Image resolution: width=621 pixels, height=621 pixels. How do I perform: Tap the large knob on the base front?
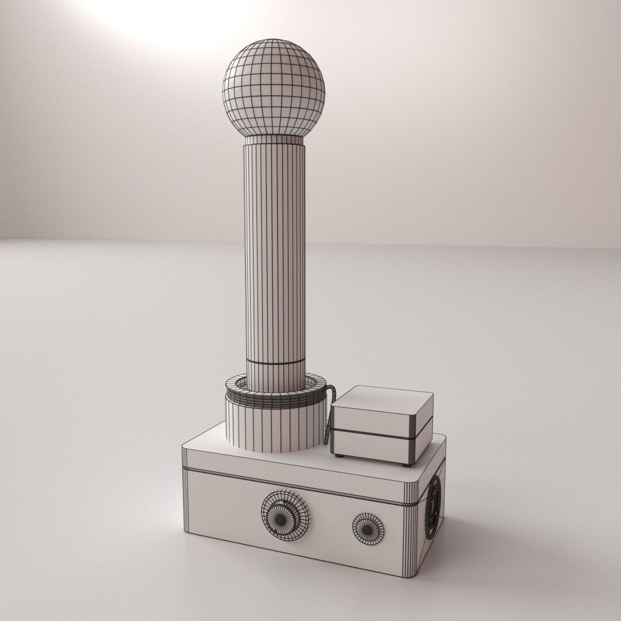(285, 515)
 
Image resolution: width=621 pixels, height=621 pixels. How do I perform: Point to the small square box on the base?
(382, 425)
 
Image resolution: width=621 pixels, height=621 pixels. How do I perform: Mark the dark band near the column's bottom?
(276, 363)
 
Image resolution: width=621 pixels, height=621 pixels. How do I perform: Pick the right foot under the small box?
(408, 465)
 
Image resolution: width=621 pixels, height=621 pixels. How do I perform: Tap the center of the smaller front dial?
(367, 527)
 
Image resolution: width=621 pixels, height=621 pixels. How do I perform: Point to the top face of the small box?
(383, 402)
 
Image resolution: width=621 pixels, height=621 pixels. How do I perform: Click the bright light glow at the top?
(167, 14)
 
